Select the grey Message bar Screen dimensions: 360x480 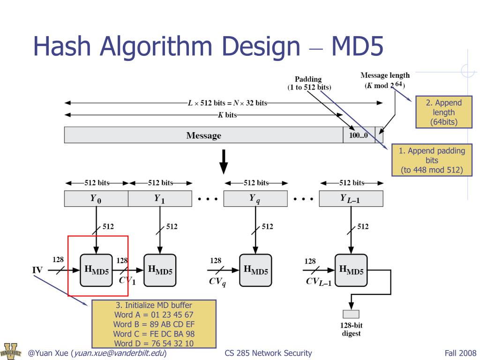coord(203,135)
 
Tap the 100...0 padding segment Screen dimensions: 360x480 coord(359,135)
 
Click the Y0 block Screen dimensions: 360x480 coord(96,199)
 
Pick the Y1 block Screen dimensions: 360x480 coord(160,199)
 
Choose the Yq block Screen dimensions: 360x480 coord(255,199)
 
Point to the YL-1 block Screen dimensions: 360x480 coord(351,199)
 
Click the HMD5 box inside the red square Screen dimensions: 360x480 coord(96,270)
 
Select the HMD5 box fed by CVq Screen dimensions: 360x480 coord(255,270)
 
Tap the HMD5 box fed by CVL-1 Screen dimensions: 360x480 coord(351,270)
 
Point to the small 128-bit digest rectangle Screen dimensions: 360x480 coord(351,314)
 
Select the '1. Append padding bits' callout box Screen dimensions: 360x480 coord(432,160)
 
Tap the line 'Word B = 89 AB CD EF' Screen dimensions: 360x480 coord(154,324)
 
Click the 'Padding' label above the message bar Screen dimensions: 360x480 coord(308,79)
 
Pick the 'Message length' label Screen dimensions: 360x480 coord(385,75)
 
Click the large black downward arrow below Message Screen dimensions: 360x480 coord(224,160)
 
